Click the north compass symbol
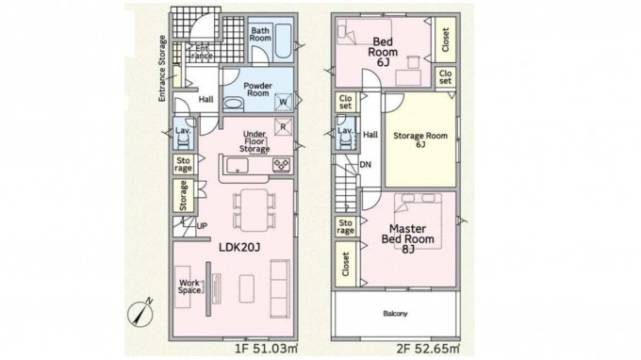point(140,315)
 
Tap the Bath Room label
point(260,34)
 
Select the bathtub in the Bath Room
point(283,41)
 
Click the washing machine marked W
point(283,102)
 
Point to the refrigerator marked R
point(283,126)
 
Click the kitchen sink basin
point(238,165)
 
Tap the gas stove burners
point(281,165)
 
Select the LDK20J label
point(239,247)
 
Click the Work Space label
point(189,286)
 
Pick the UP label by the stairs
point(202,226)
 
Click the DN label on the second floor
point(365,165)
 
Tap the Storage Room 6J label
point(420,139)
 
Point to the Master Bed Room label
point(407,234)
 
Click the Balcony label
point(395,314)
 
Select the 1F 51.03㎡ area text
point(266,350)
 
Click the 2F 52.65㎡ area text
point(428,350)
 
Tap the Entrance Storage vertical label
point(162,69)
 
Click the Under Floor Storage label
point(255,141)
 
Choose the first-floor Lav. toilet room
point(184,134)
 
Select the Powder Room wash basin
point(233,103)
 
